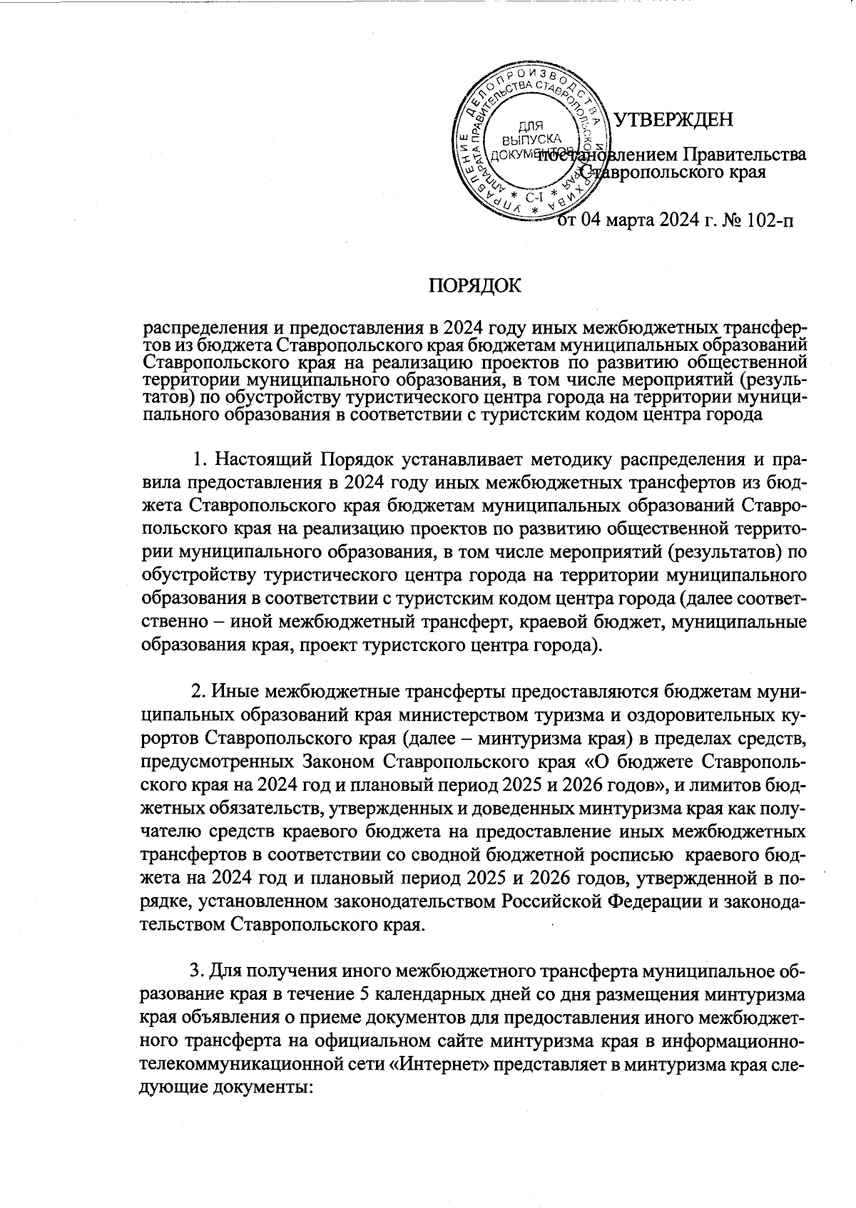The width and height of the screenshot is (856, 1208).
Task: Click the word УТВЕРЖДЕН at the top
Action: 674,120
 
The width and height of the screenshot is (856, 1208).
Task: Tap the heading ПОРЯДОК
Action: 474,287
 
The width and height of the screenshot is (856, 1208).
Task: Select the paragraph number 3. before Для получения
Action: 197,972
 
